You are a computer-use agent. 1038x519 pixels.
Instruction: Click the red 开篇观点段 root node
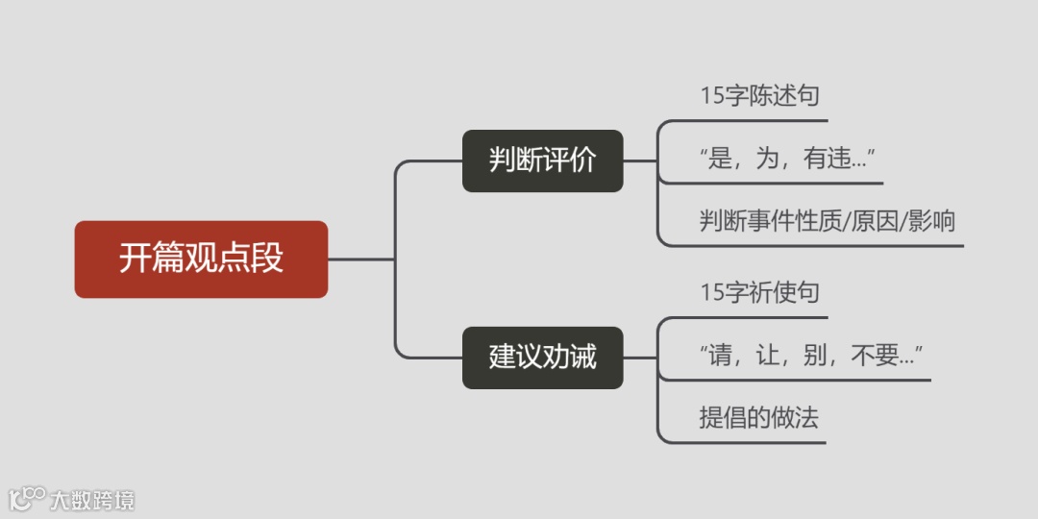point(201,259)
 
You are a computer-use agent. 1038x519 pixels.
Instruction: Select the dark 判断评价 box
point(542,161)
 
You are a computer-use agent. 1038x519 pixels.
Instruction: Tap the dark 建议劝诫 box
point(542,358)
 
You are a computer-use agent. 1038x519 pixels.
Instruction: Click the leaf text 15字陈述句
point(759,96)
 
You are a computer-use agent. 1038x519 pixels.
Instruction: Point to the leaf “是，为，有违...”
point(787,160)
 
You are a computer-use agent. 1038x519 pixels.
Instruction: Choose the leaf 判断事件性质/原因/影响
point(827,222)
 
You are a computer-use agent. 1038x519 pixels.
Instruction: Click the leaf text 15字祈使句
point(759,292)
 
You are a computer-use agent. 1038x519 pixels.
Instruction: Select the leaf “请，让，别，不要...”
point(811,357)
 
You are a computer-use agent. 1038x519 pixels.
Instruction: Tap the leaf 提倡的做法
point(758,418)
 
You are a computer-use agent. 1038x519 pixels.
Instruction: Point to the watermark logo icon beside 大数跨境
point(27,498)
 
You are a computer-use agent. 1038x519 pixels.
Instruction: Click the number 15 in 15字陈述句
point(712,96)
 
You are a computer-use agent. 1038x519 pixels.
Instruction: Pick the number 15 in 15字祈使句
point(712,292)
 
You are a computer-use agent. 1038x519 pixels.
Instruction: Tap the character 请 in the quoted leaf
point(720,357)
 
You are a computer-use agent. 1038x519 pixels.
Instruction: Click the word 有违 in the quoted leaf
point(826,160)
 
